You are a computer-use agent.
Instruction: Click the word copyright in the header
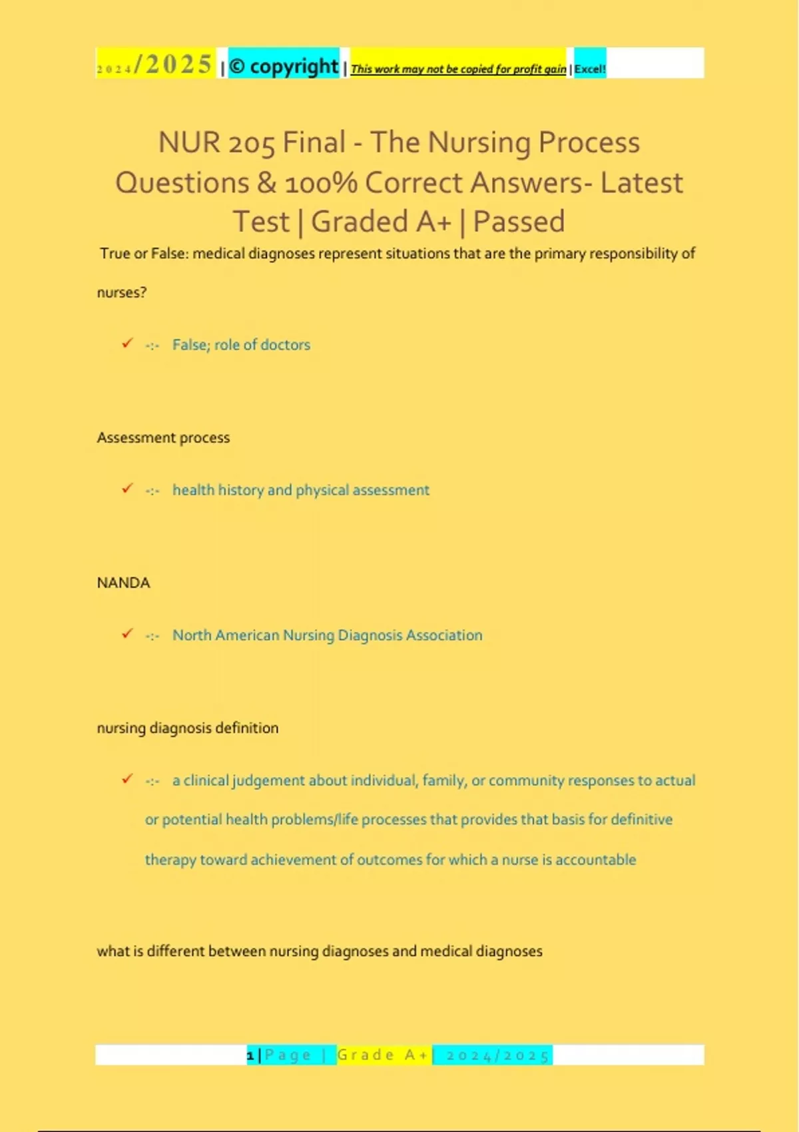coord(294,67)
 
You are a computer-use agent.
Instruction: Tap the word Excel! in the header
coord(590,69)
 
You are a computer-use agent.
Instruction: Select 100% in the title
coord(321,183)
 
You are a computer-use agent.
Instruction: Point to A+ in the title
coord(434,222)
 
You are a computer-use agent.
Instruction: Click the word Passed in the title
coord(519,222)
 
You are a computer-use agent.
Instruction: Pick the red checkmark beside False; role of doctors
coord(127,344)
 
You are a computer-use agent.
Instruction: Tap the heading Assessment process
coord(163,437)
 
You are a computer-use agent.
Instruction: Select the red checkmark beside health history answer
coord(127,489)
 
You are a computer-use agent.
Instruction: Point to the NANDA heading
coord(124,583)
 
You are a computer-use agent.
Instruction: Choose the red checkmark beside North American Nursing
coord(127,634)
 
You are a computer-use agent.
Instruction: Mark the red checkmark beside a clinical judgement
coord(127,779)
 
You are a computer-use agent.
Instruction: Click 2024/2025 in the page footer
coord(497,1055)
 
